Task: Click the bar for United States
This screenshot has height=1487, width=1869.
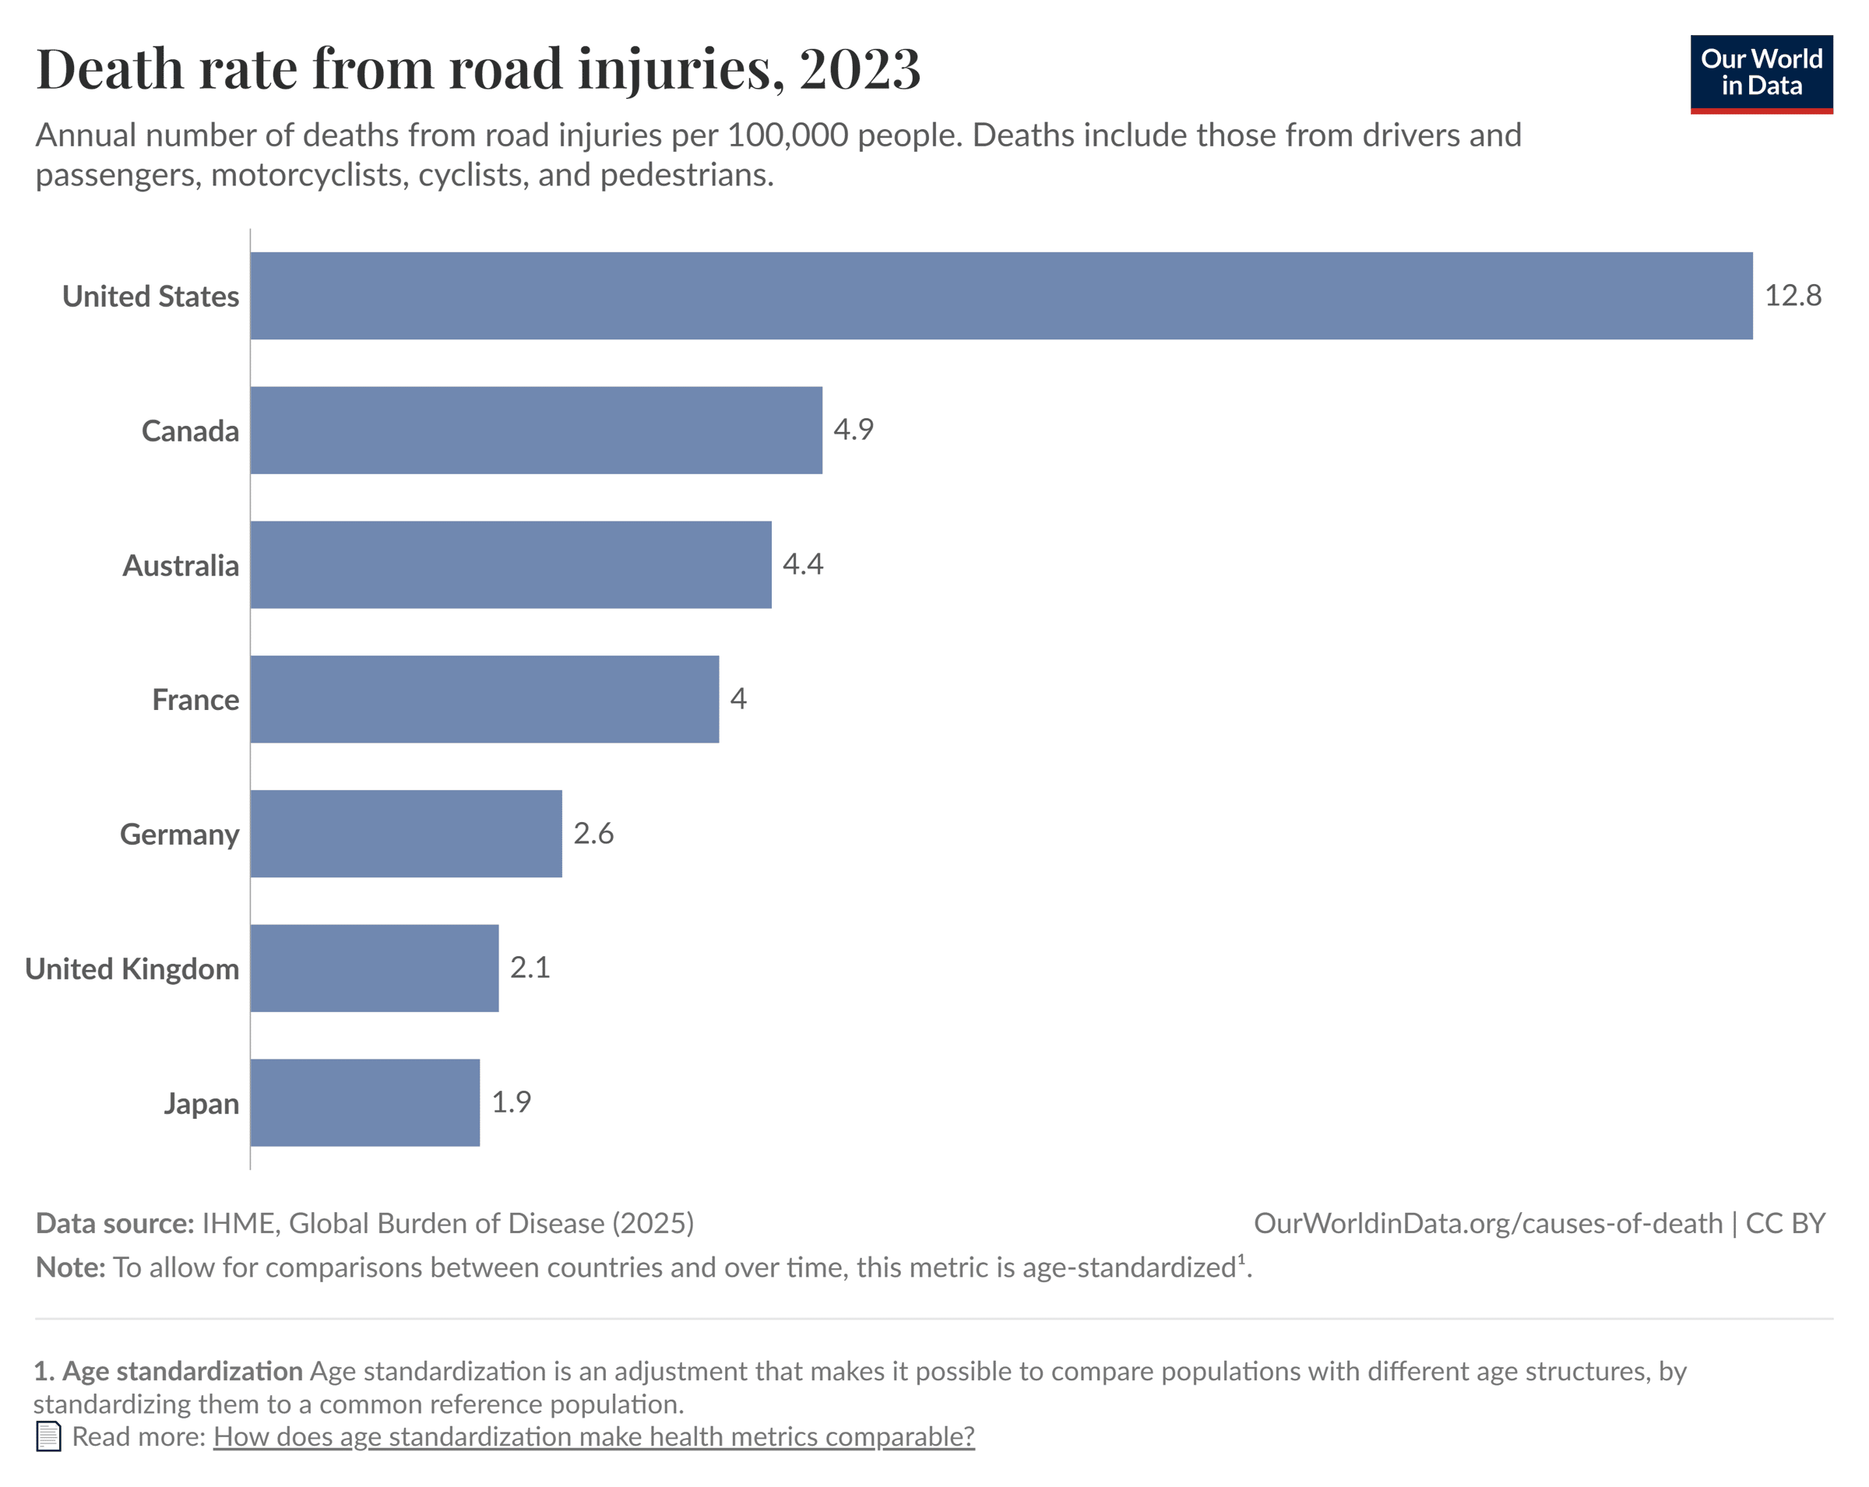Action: coord(1001,296)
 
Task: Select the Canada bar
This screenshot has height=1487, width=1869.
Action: coord(536,430)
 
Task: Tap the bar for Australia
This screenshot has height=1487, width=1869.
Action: coord(511,564)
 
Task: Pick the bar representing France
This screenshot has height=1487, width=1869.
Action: coord(484,698)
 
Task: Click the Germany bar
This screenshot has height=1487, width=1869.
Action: coord(406,833)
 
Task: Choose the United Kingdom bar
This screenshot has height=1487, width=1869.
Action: coord(375,967)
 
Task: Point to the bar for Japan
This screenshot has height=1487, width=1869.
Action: coord(365,1102)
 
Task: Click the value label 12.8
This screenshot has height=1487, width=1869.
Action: coord(1793,296)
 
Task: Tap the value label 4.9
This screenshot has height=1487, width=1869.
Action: coord(853,429)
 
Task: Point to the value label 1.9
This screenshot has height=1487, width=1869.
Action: coord(511,1102)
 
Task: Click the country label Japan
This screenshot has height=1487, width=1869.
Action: coord(201,1103)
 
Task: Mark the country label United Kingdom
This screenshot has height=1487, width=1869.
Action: coord(132,968)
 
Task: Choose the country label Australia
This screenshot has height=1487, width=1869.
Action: coord(181,565)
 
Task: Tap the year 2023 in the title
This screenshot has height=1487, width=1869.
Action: coord(859,69)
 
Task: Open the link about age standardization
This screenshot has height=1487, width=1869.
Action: coord(594,1436)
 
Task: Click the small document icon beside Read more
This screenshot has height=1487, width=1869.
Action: coord(48,1436)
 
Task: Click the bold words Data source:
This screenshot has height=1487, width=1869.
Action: coord(114,1223)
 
